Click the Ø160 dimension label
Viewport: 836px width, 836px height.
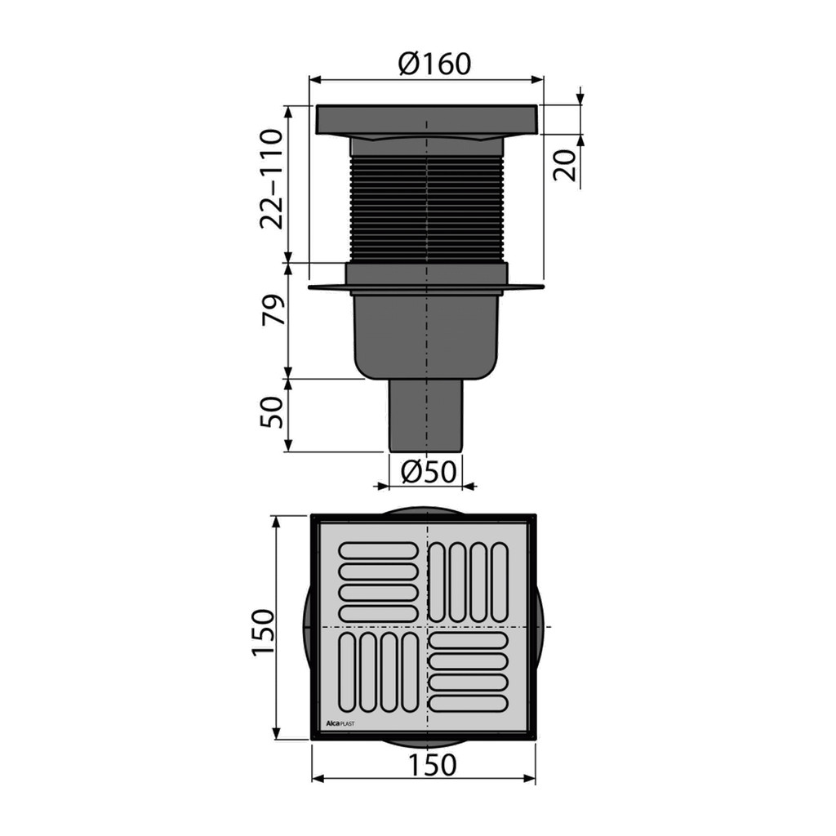[434, 64]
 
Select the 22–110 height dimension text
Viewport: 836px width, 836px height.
[271, 179]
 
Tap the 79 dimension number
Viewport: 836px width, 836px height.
[273, 309]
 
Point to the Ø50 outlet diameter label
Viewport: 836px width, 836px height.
[429, 471]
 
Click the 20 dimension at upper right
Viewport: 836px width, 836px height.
[565, 165]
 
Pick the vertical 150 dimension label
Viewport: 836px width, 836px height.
[263, 632]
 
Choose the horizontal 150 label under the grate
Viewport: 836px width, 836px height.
[432, 765]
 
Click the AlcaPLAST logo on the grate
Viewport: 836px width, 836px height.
[340, 723]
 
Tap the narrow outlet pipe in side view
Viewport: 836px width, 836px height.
[426, 416]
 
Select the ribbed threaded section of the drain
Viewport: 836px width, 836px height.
[426, 210]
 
